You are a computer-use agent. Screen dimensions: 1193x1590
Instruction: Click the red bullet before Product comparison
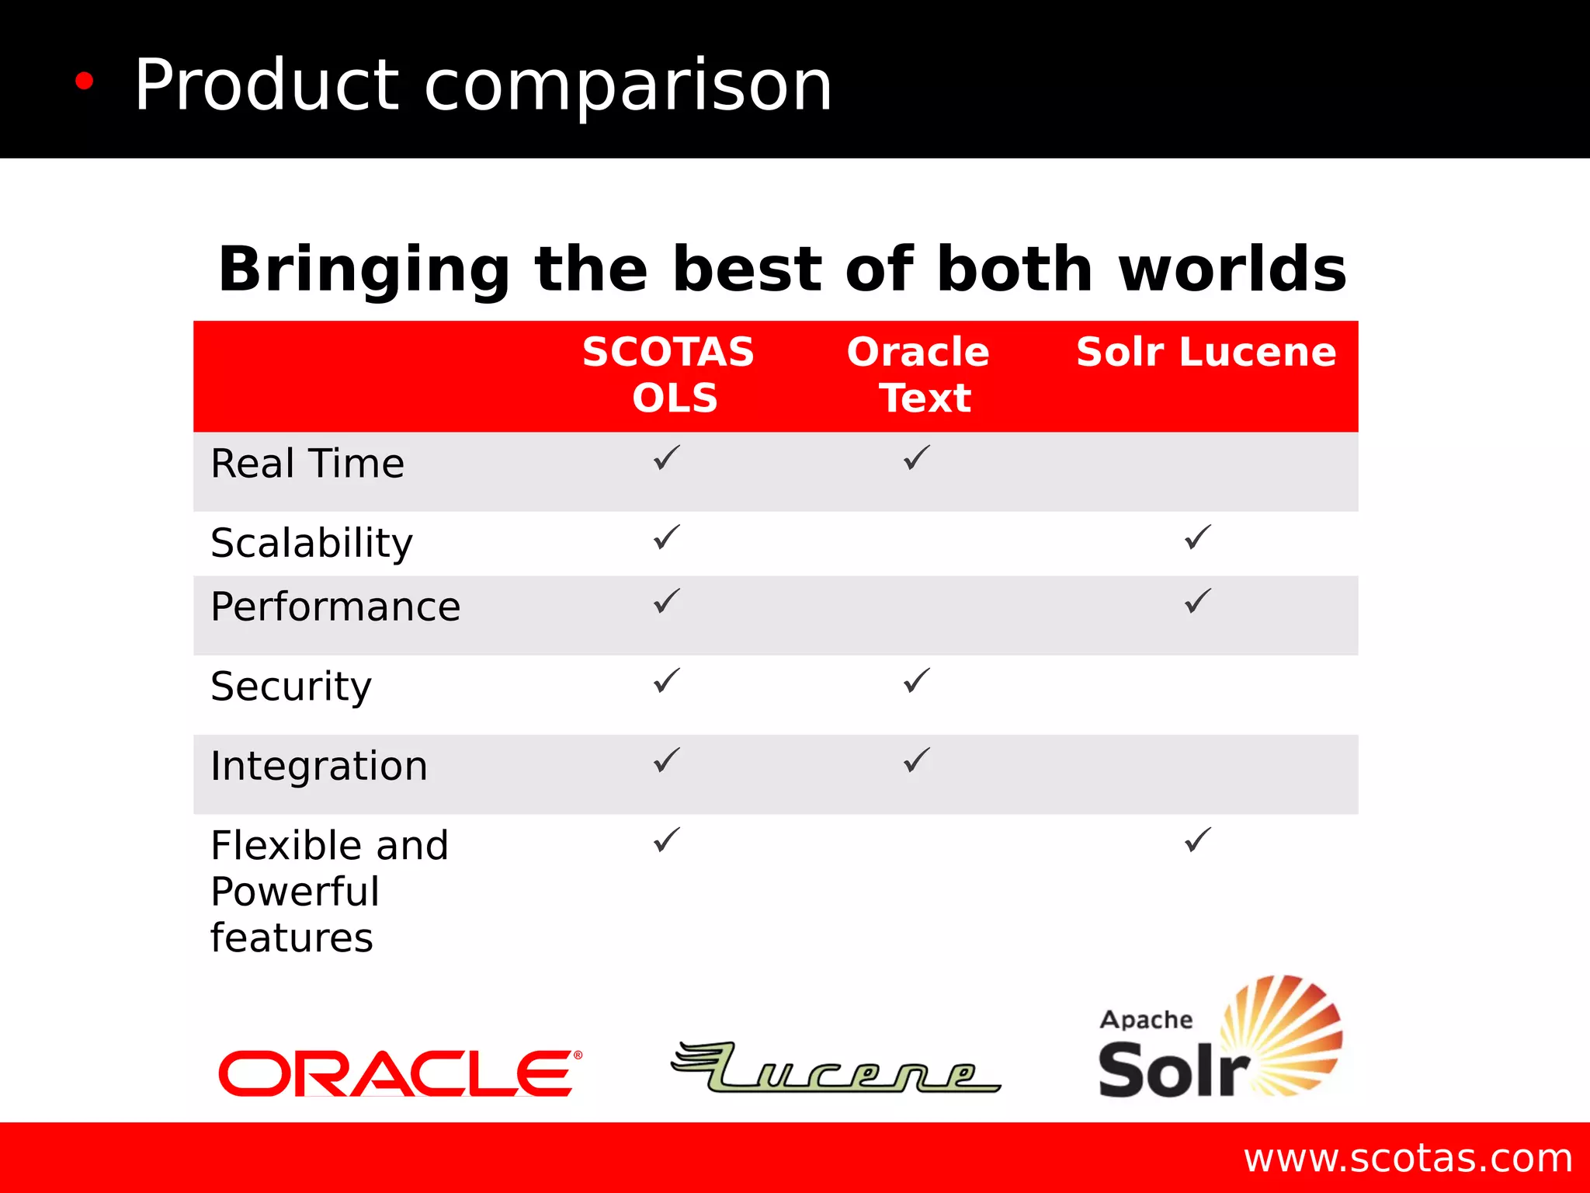pyautogui.click(x=84, y=81)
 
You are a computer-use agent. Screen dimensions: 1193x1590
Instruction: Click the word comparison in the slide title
pyautogui.click(x=628, y=85)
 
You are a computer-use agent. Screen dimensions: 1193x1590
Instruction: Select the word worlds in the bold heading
pyautogui.click(x=1232, y=269)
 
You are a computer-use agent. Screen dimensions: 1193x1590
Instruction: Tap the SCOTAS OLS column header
pyautogui.click(x=669, y=374)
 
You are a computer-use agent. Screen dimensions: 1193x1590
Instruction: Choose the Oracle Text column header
pyautogui.click(x=919, y=374)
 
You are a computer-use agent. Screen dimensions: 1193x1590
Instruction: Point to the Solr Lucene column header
pyautogui.click(x=1206, y=352)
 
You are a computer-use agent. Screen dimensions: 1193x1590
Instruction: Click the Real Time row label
pyautogui.click(x=307, y=464)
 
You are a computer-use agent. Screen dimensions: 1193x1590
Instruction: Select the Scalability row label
pyautogui.click(x=312, y=543)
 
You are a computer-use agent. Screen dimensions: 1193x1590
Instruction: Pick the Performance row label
pyautogui.click(x=335, y=607)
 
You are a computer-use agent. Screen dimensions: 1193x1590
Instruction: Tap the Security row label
pyautogui.click(x=291, y=687)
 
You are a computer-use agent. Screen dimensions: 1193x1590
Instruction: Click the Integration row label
pyautogui.click(x=319, y=766)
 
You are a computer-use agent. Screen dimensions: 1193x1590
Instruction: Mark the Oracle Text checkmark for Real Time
pyautogui.click(x=917, y=457)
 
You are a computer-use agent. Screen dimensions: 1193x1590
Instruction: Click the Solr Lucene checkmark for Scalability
pyautogui.click(x=1198, y=537)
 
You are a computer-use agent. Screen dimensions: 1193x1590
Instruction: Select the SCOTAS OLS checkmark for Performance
pyautogui.click(x=667, y=600)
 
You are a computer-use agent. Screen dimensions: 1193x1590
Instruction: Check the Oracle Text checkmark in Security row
pyautogui.click(x=917, y=680)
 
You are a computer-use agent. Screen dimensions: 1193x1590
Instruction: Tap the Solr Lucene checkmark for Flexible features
pyautogui.click(x=1198, y=840)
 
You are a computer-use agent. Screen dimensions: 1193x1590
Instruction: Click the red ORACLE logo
pyautogui.click(x=399, y=1073)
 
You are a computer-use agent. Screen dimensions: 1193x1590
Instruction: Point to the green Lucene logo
pyautogui.click(x=835, y=1069)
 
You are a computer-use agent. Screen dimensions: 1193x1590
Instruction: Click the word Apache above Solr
pyautogui.click(x=1146, y=1020)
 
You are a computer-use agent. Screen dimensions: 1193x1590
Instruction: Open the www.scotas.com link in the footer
pyautogui.click(x=1408, y=1158)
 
